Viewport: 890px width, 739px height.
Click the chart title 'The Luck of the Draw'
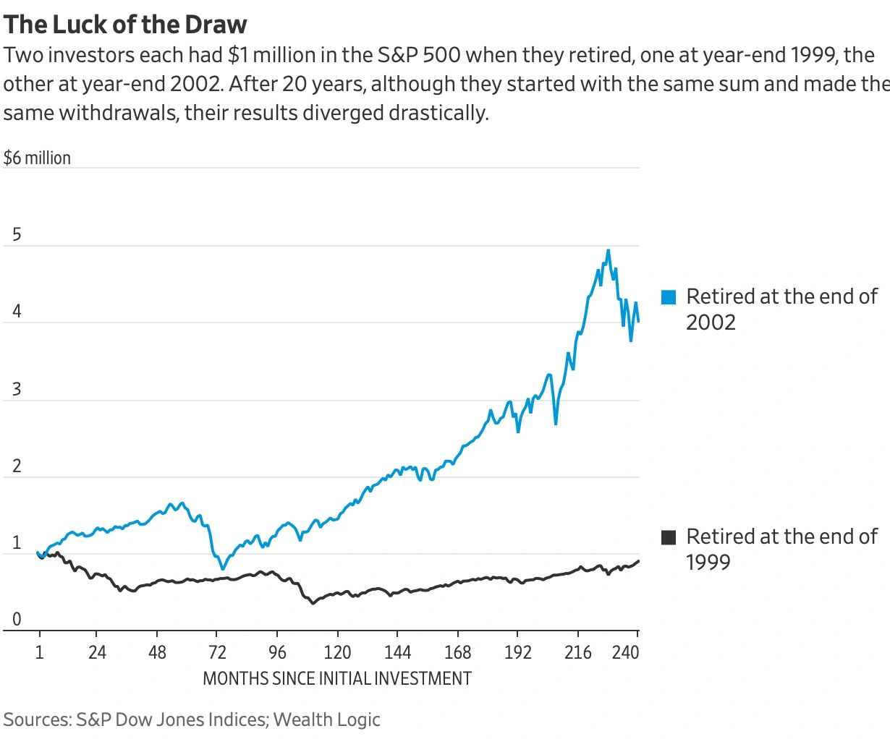coord(125,25)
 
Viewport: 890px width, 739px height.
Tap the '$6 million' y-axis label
coord(37,158)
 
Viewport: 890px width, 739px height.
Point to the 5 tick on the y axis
coord(17,235)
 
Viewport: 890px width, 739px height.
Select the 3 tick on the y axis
coord(17,390)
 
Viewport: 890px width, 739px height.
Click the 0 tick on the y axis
coord(17,620)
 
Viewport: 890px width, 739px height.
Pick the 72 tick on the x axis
coord(217,653)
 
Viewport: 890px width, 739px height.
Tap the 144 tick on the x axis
coord(397,653)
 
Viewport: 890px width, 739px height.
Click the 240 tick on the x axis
coord(625,653)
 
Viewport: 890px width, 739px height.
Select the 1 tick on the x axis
coord(40,653)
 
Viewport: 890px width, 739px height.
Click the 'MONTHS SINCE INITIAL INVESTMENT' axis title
coord(336,679)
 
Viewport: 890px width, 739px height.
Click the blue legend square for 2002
coord(669,296)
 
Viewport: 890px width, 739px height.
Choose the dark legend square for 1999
coord(669,537)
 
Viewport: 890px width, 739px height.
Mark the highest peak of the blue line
coord(608,250)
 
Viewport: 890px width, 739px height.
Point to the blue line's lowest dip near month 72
coord(223,569)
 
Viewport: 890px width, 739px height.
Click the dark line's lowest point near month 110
coord(313,603)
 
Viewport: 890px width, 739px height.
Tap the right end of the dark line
coord(638,561)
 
